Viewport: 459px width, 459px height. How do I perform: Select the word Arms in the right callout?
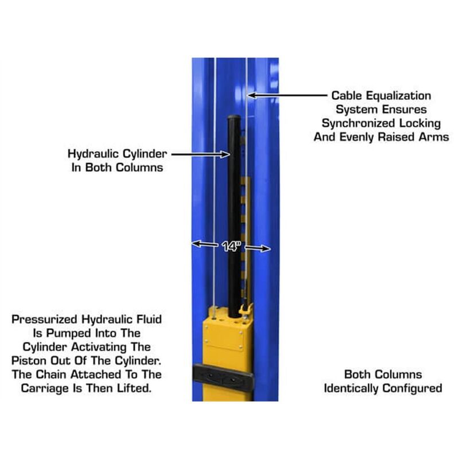435,137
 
